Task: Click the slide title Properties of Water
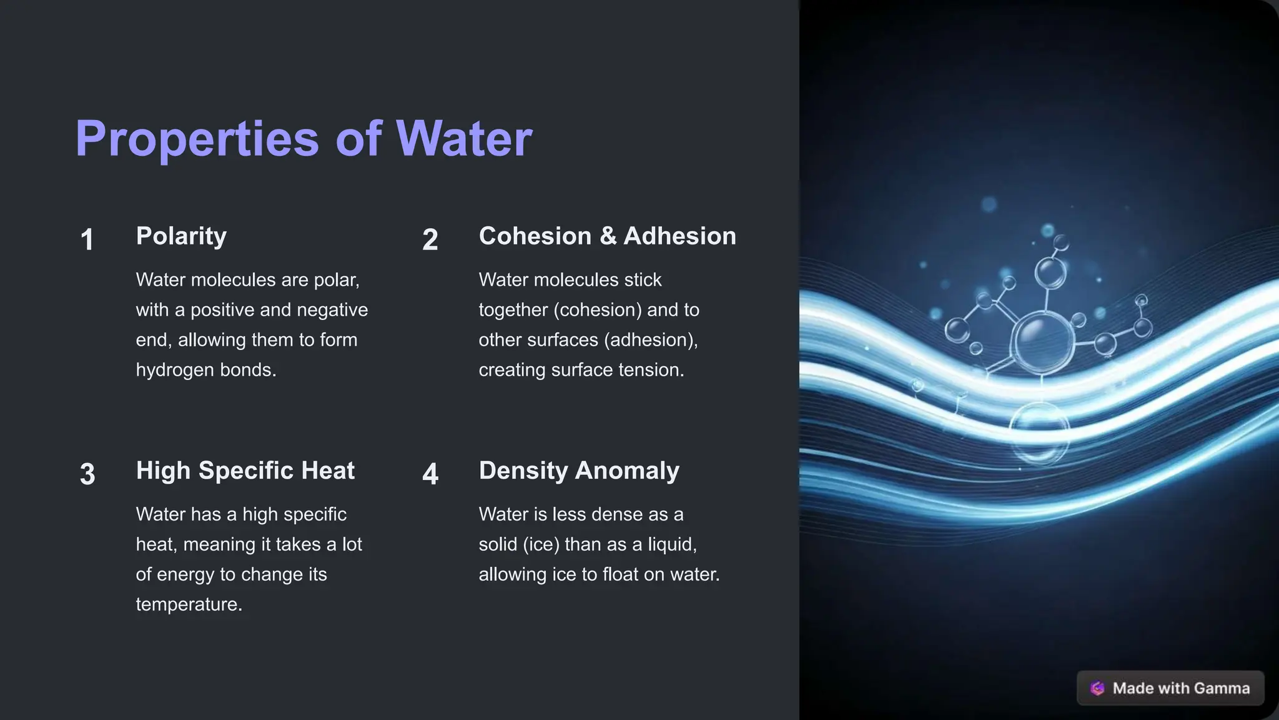click(x=304, y=138)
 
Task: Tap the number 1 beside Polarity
click(x=87, y=240)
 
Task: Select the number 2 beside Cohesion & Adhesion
click(x=430, y=240)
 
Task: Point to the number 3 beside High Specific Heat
click(x=87, y=474)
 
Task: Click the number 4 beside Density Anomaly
click(x=430, y=474)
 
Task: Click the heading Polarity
click(x=181, y=236)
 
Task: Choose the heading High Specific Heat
click(x=245, y=471)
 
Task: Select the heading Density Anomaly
click(x=578, y=471)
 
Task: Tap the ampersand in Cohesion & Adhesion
click(x=608, y=236)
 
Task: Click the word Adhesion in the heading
click(x=679, y=236)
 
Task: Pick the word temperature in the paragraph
click(x=189, y=604)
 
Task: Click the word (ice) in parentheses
click(x=541, y=544)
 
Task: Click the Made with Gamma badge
click(x=1170, y=688)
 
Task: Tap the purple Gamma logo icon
click(x=1097, y=688)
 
